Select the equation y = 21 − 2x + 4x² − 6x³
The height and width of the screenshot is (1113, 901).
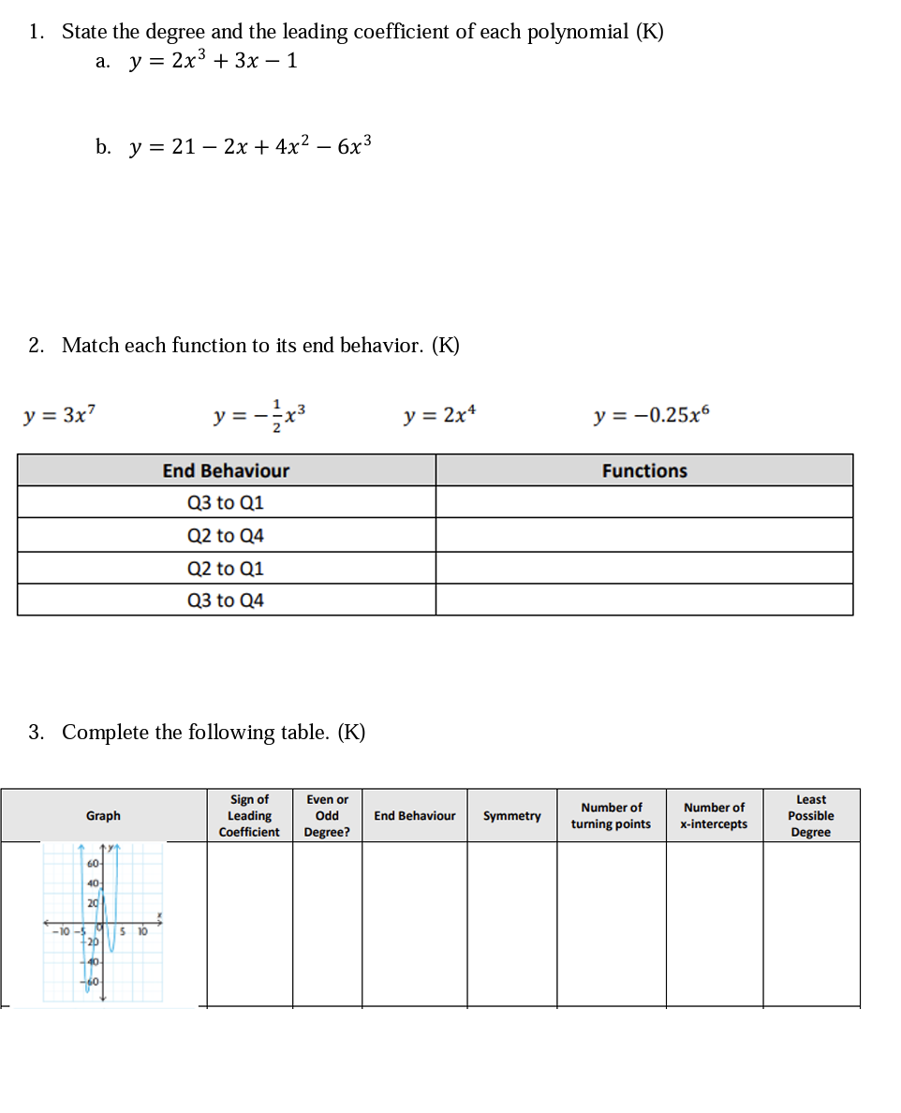[x=250, y=146]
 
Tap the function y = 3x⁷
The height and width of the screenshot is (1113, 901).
[x=59, y=414]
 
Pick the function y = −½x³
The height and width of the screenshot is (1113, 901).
[x=259, y=414]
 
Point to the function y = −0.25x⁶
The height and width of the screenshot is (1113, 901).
[x=652, y=414]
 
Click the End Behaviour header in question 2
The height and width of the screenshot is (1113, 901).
[x=226, y=471]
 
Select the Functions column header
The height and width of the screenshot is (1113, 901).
[x=644, y=471]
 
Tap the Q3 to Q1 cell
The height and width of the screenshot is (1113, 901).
[x=226, y=503]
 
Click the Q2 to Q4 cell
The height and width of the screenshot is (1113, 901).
[x=226, y=536]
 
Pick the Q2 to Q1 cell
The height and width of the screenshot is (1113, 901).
[x=226, y=569]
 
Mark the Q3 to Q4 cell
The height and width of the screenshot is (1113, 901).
[x=226, y=601]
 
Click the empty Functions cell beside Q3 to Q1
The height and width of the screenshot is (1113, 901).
[x=644, y=503]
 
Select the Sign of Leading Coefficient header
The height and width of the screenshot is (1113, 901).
[x=249, y=816]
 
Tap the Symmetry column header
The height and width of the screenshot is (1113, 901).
[x=511, y=816]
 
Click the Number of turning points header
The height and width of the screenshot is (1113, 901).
[x=611, y=816]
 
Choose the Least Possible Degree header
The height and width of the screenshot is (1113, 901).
[x=810, y=816]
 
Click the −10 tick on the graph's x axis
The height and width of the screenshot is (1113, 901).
[x=60, y=931]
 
